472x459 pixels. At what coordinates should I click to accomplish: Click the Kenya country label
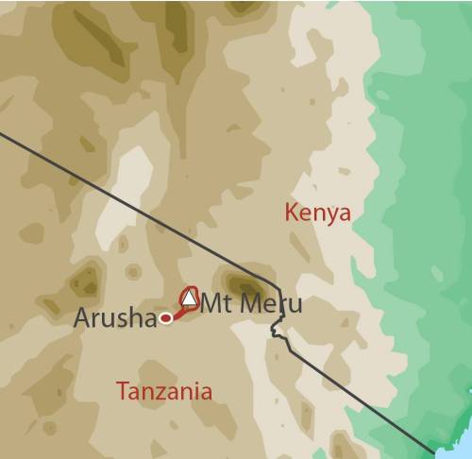click(x=317, y=212)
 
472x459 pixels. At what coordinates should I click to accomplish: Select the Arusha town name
click(x=115, y=318)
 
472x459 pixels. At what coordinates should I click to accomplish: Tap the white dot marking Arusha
click(x=166, y=318)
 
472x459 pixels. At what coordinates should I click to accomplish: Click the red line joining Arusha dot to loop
click(x=177, y=313)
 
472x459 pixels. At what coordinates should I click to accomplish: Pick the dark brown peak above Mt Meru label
click(x=242, y=282)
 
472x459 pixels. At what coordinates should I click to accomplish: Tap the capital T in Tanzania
click(x=120, y=390)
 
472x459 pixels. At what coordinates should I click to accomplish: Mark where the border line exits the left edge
click(x=2, y=133)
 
